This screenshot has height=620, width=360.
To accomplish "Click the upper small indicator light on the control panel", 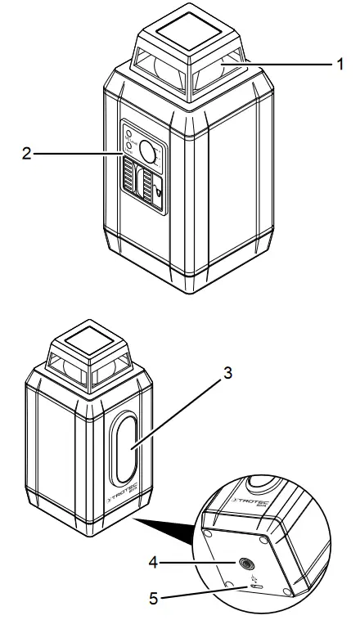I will [x=128, y=133].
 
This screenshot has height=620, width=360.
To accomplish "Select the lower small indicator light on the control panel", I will [x=128, y=146].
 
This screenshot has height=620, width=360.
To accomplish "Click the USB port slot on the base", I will [x=259, y=586].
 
